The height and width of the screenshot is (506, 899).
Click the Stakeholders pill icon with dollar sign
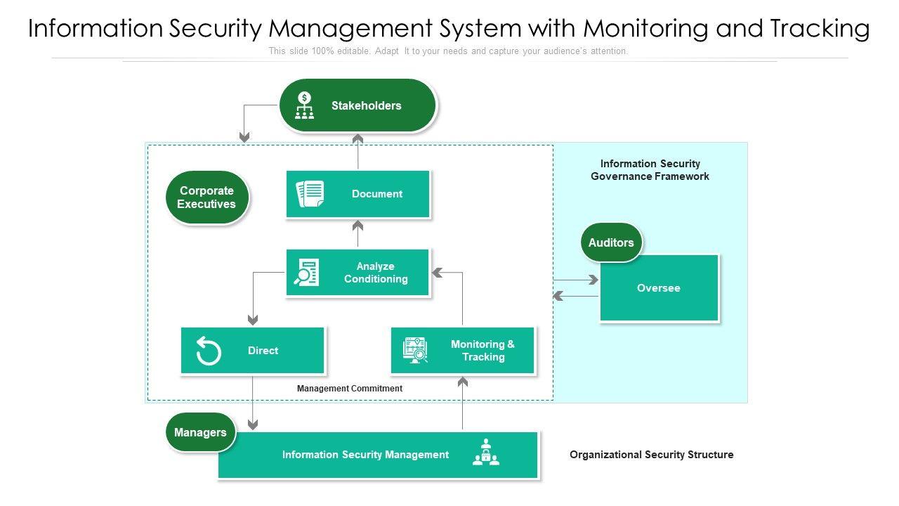(304, 105)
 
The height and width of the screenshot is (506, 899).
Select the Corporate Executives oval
(206, 197)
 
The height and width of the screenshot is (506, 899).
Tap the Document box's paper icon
(310, 194)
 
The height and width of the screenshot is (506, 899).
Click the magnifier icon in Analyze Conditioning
(306, 272)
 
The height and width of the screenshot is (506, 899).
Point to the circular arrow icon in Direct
(209, 351)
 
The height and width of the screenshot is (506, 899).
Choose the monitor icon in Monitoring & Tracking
(416, 350)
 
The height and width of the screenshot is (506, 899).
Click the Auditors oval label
(611, 242)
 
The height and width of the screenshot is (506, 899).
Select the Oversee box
(659, 288)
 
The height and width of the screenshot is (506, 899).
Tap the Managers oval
(200, 432)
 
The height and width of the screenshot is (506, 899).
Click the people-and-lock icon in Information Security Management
(486, 453)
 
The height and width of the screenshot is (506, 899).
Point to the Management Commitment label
(350, 389)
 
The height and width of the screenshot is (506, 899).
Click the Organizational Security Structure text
(651, 455)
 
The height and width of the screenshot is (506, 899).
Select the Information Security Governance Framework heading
(650, 170)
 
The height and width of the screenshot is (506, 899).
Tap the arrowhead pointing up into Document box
(357, 226)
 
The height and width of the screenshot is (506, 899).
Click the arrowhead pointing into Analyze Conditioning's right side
(437, 273)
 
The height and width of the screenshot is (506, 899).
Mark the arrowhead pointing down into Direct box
(253, 320)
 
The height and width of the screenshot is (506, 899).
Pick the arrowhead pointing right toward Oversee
(593, 280)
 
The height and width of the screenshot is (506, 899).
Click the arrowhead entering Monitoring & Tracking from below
(462, 382)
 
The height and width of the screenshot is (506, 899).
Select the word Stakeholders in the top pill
(366, 106)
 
